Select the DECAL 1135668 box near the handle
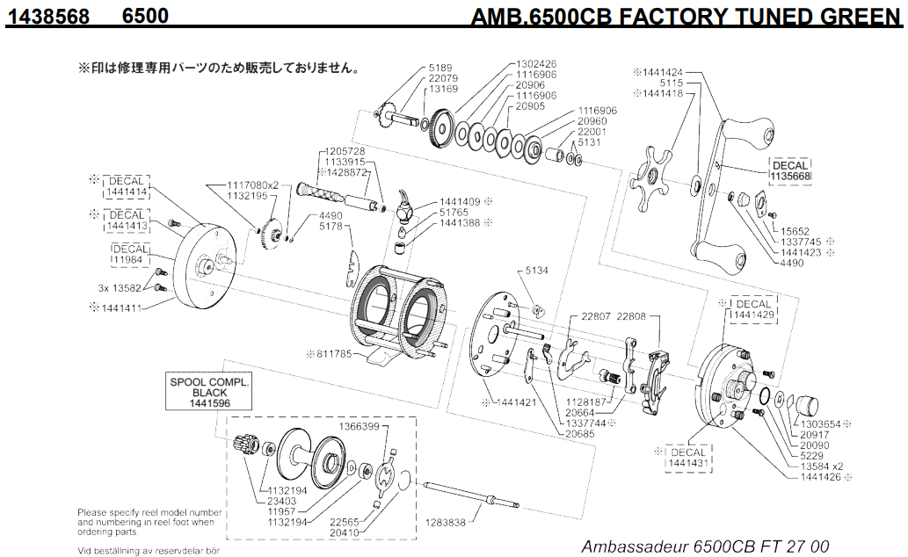click(x=790, y=170)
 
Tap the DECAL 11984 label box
click(x=128, y=255)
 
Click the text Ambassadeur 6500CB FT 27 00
click(x=705, y=546)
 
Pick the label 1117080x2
click(x=253, y=184)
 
